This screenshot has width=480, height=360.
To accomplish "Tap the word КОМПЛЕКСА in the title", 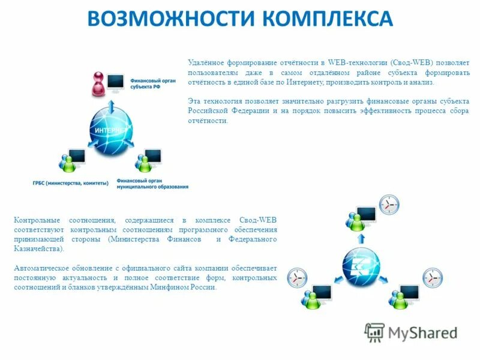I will pos(325,19).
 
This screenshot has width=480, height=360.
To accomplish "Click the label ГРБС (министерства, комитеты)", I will pos(71,183).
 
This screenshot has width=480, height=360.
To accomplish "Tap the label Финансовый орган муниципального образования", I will pos(152,183).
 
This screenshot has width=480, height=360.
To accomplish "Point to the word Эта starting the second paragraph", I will pos(194,101).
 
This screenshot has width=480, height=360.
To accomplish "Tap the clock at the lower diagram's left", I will pos(297,278).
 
